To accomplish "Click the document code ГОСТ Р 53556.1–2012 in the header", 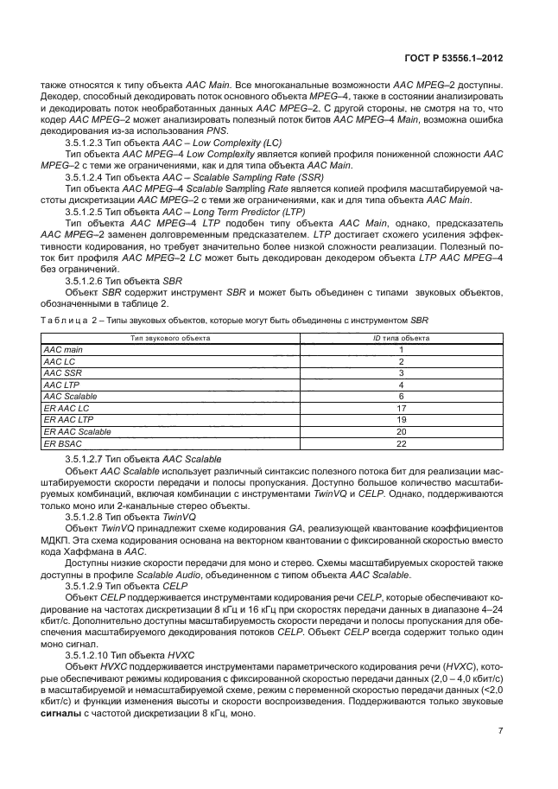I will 453,60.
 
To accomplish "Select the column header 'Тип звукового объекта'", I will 170,338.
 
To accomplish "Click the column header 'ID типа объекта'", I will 401,338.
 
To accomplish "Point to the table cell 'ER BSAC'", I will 61,442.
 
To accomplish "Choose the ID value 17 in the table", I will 401,407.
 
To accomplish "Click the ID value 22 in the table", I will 401,442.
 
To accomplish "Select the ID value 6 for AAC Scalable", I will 401,396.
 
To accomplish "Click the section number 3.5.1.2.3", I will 90,141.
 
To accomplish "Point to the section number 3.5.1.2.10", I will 92,656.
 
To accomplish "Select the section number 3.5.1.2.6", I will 90,281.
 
